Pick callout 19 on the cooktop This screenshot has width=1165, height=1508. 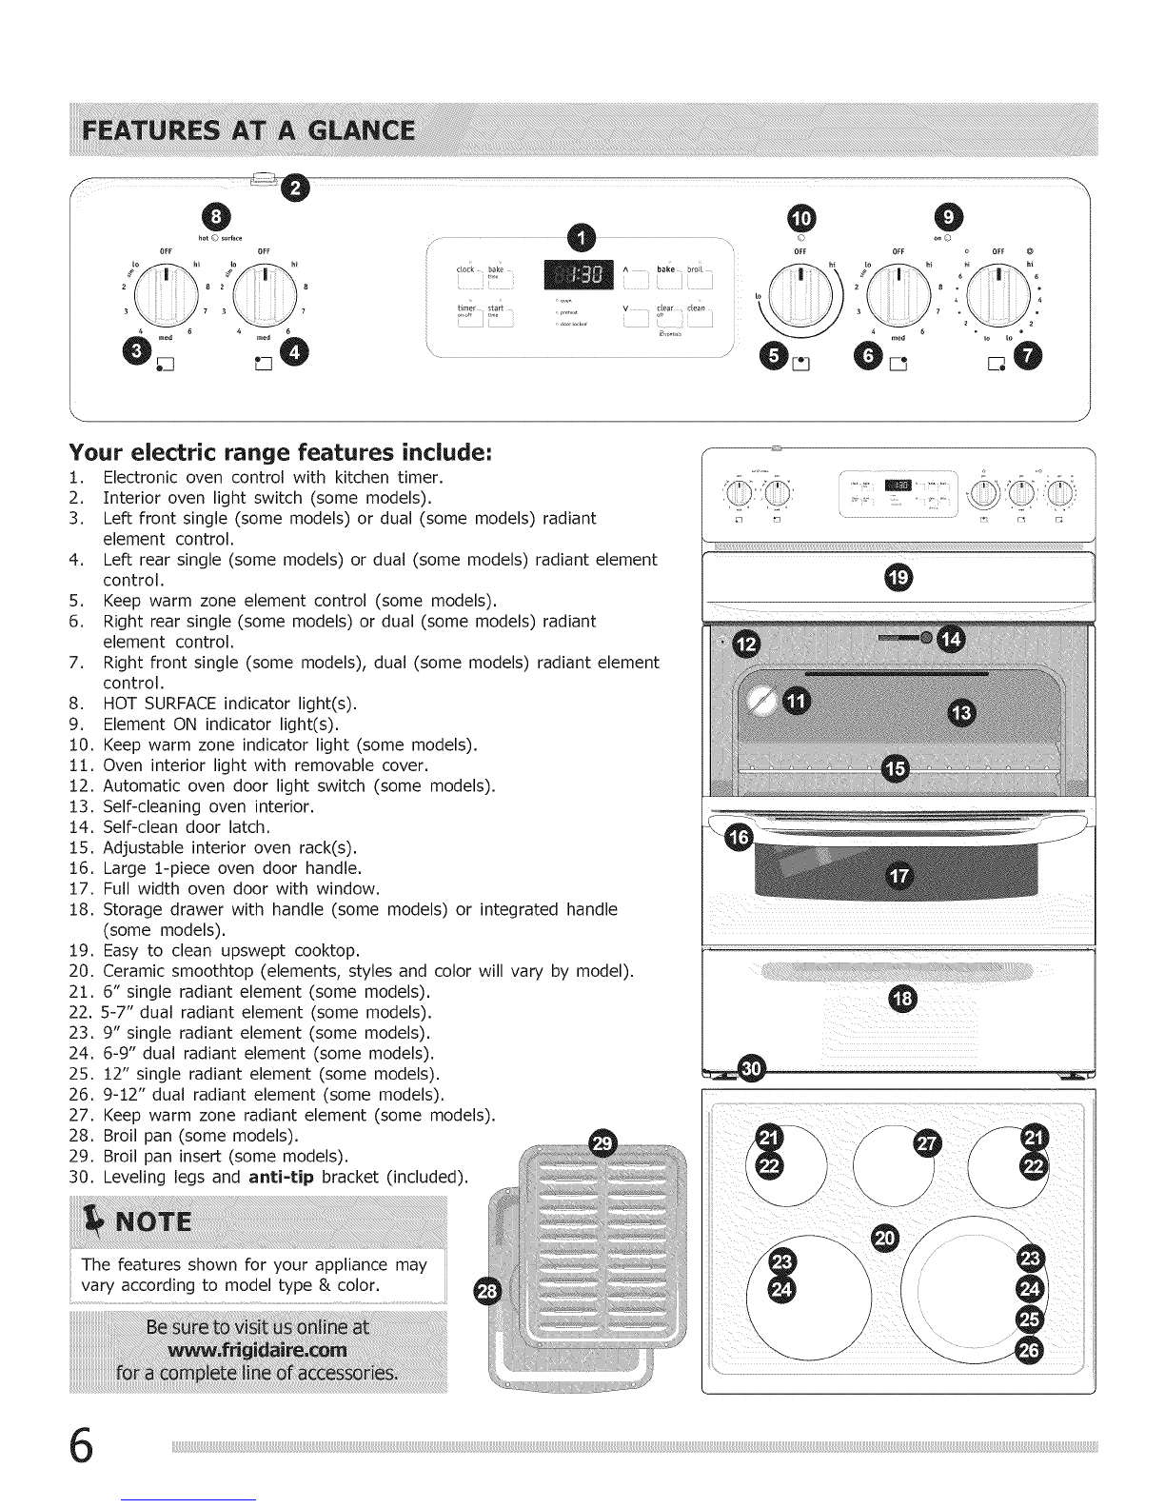[x=898, y=575]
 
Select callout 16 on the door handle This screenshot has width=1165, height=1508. [x=738, y=838]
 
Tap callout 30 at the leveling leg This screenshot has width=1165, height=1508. [x=753, y=1068]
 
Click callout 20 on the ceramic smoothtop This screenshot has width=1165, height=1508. [x=884, y=1237]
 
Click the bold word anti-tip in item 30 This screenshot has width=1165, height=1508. [x=282, y=1178]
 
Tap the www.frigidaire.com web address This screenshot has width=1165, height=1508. [x=258, y=1351]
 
